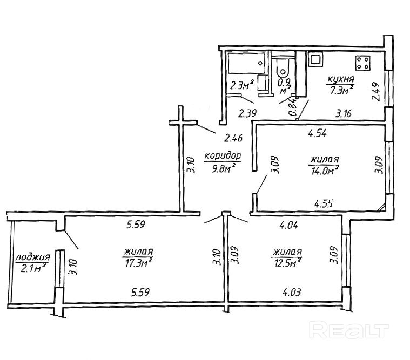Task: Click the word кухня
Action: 340,79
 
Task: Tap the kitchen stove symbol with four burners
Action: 362,63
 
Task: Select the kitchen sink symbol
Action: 315,59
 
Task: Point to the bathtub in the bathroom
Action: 247,63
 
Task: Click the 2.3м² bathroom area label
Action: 242,85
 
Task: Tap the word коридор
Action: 223,156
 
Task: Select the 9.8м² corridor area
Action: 223,168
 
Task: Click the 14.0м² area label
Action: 325,171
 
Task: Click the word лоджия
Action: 33,257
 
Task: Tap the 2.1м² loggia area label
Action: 33,268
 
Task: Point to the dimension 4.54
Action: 317,133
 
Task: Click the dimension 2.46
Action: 233,138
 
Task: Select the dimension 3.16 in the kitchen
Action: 344,113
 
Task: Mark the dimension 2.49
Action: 376,92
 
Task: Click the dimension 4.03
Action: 292,292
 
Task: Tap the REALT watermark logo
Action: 349,330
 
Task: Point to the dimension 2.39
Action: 247,113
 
